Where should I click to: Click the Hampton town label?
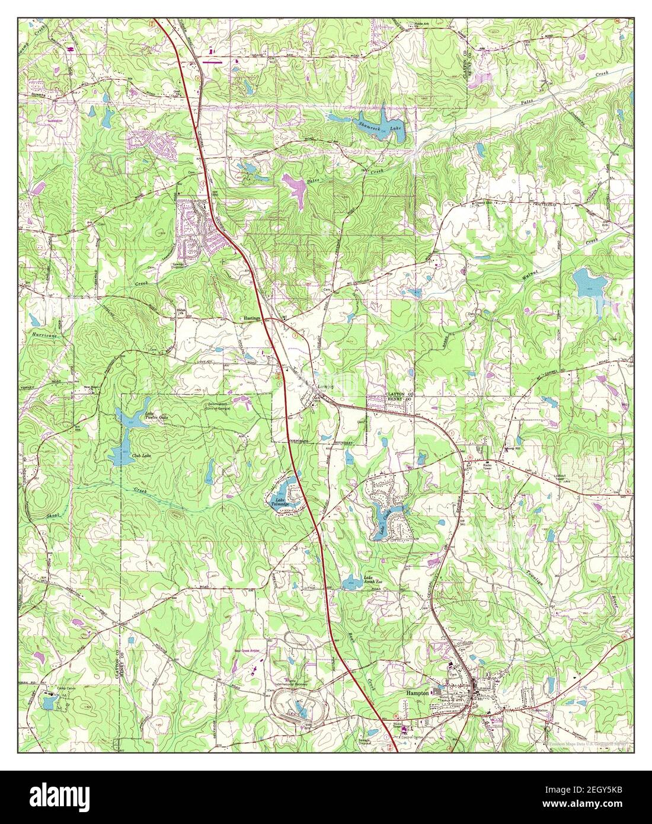point(419,691)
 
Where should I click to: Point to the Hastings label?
point(252,318)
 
